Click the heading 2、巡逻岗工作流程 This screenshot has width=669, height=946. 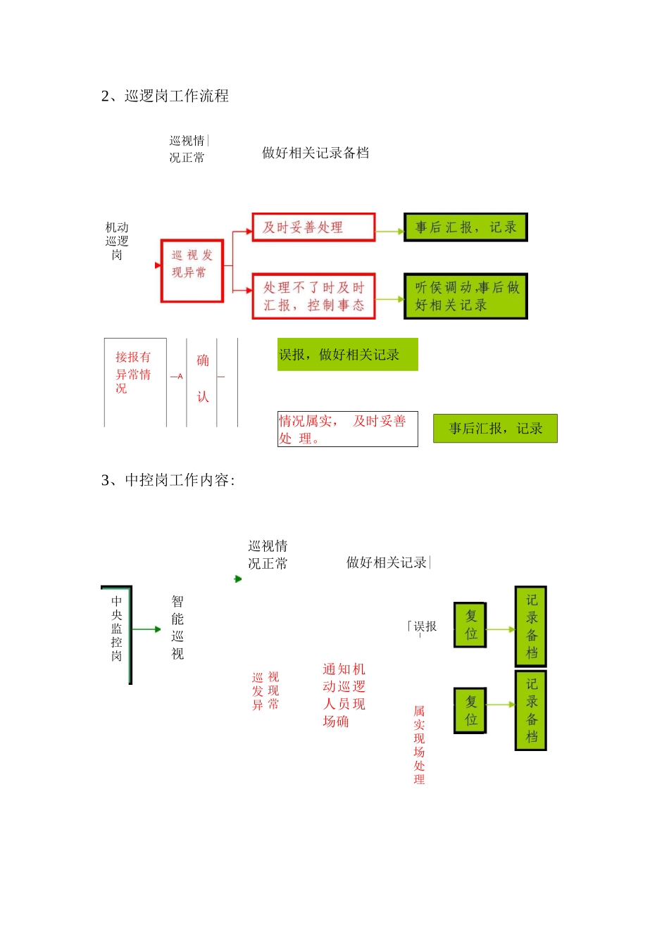point(165,96)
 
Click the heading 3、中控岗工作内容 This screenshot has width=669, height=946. point(168,481)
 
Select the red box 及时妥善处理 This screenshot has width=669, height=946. point(313,227)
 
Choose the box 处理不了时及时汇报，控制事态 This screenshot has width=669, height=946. point(313,296)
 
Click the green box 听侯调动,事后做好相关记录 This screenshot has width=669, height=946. point(465,296)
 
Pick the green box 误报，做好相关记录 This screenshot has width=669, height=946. point(347,355)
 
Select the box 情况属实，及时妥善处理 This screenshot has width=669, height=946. point(347,429)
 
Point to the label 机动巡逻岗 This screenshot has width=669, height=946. point(117,241)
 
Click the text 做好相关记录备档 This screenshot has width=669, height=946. point(315,153)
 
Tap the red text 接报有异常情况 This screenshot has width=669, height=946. point(133,372)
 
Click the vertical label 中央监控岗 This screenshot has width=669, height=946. point(116,629)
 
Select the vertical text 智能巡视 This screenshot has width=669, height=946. point(177,628)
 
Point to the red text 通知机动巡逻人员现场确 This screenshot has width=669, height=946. point(344,695)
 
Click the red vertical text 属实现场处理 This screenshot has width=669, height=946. point(419,745)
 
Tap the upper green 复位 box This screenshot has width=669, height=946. point(470,625)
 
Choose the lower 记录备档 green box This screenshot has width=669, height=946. point(531,710)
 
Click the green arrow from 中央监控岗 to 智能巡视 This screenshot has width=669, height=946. point(147,629)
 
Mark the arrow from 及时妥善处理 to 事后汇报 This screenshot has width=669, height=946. point(389,231)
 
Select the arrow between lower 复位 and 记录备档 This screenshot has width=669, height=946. point(501,705)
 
